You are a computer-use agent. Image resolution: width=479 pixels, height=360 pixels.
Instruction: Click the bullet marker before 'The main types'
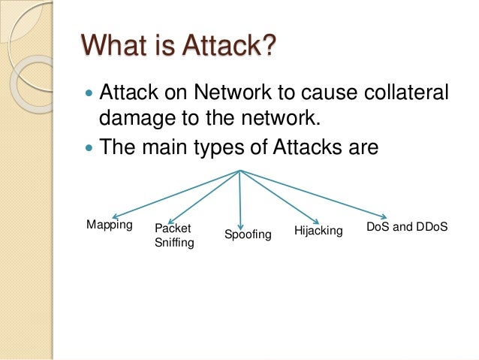point(89,147)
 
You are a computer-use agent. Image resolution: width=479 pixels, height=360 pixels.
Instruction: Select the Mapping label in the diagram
point(110,225)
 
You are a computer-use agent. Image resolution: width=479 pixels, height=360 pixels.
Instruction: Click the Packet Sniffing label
point(173,235)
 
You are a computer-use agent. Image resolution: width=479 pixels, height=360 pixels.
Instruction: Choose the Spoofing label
point(248,236)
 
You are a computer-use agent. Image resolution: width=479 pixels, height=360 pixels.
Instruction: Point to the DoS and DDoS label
point(406,225)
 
